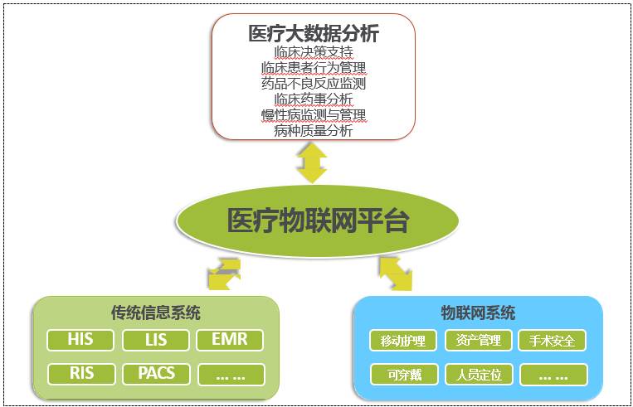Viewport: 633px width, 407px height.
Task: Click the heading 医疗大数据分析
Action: click(313, 33)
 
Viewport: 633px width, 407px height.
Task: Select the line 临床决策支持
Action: click(313, 52)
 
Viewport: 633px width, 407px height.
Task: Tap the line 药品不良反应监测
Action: click(313, 84)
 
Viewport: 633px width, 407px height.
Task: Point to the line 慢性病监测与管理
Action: click(313, 115)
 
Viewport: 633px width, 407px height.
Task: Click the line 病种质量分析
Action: click(313, 131)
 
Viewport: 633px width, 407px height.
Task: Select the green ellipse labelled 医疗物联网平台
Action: click(317, 221)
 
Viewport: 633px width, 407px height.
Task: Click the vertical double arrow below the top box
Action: click(313, 163)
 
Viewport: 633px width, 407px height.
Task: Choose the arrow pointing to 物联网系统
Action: click(396, 273)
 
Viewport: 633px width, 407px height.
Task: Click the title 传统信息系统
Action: click(156, 313)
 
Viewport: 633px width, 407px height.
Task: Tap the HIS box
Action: click(80, 340)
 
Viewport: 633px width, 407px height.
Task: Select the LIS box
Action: click(156, 340)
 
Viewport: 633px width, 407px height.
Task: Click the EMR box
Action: click(230, 340)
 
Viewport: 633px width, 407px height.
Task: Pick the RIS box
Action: click(80, 374)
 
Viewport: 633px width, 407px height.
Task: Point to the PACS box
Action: click(156, 374)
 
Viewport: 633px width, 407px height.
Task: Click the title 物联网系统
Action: click(478, 313)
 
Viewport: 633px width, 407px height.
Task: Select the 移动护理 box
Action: click(403, 341)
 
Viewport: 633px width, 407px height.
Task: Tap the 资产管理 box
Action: click(478, 341)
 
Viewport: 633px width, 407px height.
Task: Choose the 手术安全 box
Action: click(553, 341)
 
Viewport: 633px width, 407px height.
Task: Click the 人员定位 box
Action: click(478, 375)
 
